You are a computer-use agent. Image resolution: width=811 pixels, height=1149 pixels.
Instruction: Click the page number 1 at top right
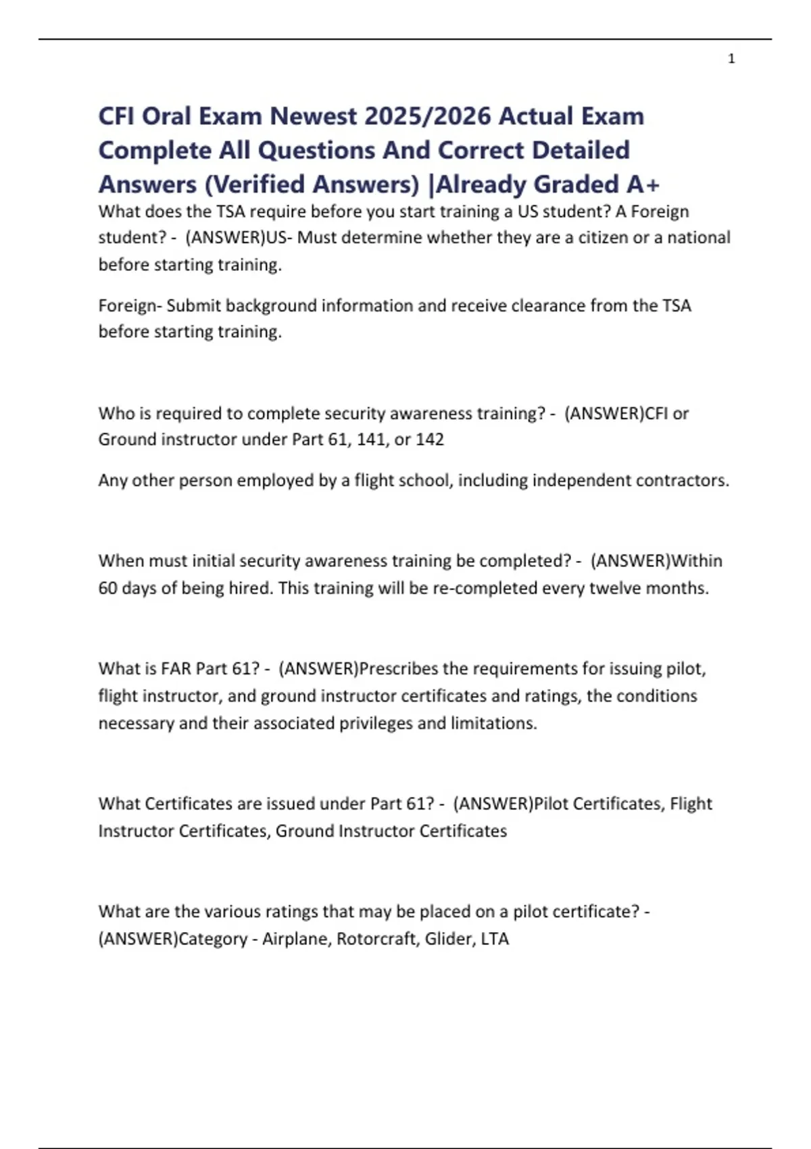[x=731, y=59]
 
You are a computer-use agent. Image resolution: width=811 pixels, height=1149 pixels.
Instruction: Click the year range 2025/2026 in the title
[x=427, y=116]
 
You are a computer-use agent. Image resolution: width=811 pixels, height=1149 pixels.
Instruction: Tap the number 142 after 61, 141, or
[x=430, y=439]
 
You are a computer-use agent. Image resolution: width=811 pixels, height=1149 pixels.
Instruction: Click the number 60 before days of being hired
[x=107, y=588]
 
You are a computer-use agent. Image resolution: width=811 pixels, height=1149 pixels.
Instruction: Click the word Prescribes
[x=398, y=668]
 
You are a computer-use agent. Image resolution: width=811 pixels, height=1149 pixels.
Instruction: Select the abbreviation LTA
[x=495, y=939]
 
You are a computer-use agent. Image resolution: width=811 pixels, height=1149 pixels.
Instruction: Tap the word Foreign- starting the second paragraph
[x=130, y=305]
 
